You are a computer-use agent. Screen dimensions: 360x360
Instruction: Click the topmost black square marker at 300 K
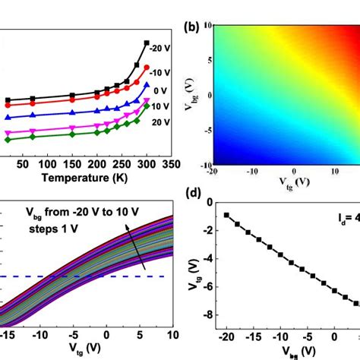[x=146, y=43]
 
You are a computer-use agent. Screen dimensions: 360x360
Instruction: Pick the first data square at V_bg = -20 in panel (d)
[x=227, y=215]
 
